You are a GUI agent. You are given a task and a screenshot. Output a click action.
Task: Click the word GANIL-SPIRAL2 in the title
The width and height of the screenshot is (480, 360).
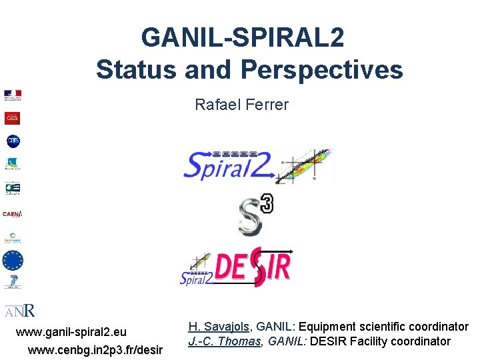[243, 37]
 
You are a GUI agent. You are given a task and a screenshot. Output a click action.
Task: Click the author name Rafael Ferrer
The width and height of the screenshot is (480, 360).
[241, 105]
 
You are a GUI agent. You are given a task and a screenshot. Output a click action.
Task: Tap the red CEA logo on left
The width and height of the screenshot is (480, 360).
[13, 118]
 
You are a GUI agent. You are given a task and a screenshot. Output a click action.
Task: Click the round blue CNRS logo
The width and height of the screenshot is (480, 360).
[13, 141]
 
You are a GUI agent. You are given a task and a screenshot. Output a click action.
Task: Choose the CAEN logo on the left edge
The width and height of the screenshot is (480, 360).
[13, 214]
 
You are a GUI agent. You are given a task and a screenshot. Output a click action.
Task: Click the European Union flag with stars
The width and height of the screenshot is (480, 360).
[13, 260]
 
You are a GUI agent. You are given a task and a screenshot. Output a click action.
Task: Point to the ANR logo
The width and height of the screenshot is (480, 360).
[20, 310]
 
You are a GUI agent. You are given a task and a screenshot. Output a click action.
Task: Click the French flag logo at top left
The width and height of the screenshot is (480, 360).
[13, 95]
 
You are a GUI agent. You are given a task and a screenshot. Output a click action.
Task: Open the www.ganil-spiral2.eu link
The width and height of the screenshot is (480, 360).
[71, 332]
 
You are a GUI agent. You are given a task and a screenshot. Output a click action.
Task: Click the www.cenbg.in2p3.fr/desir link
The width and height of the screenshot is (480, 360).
[95, 349]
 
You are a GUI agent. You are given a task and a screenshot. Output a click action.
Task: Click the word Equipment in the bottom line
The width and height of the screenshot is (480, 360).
[328, 327]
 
